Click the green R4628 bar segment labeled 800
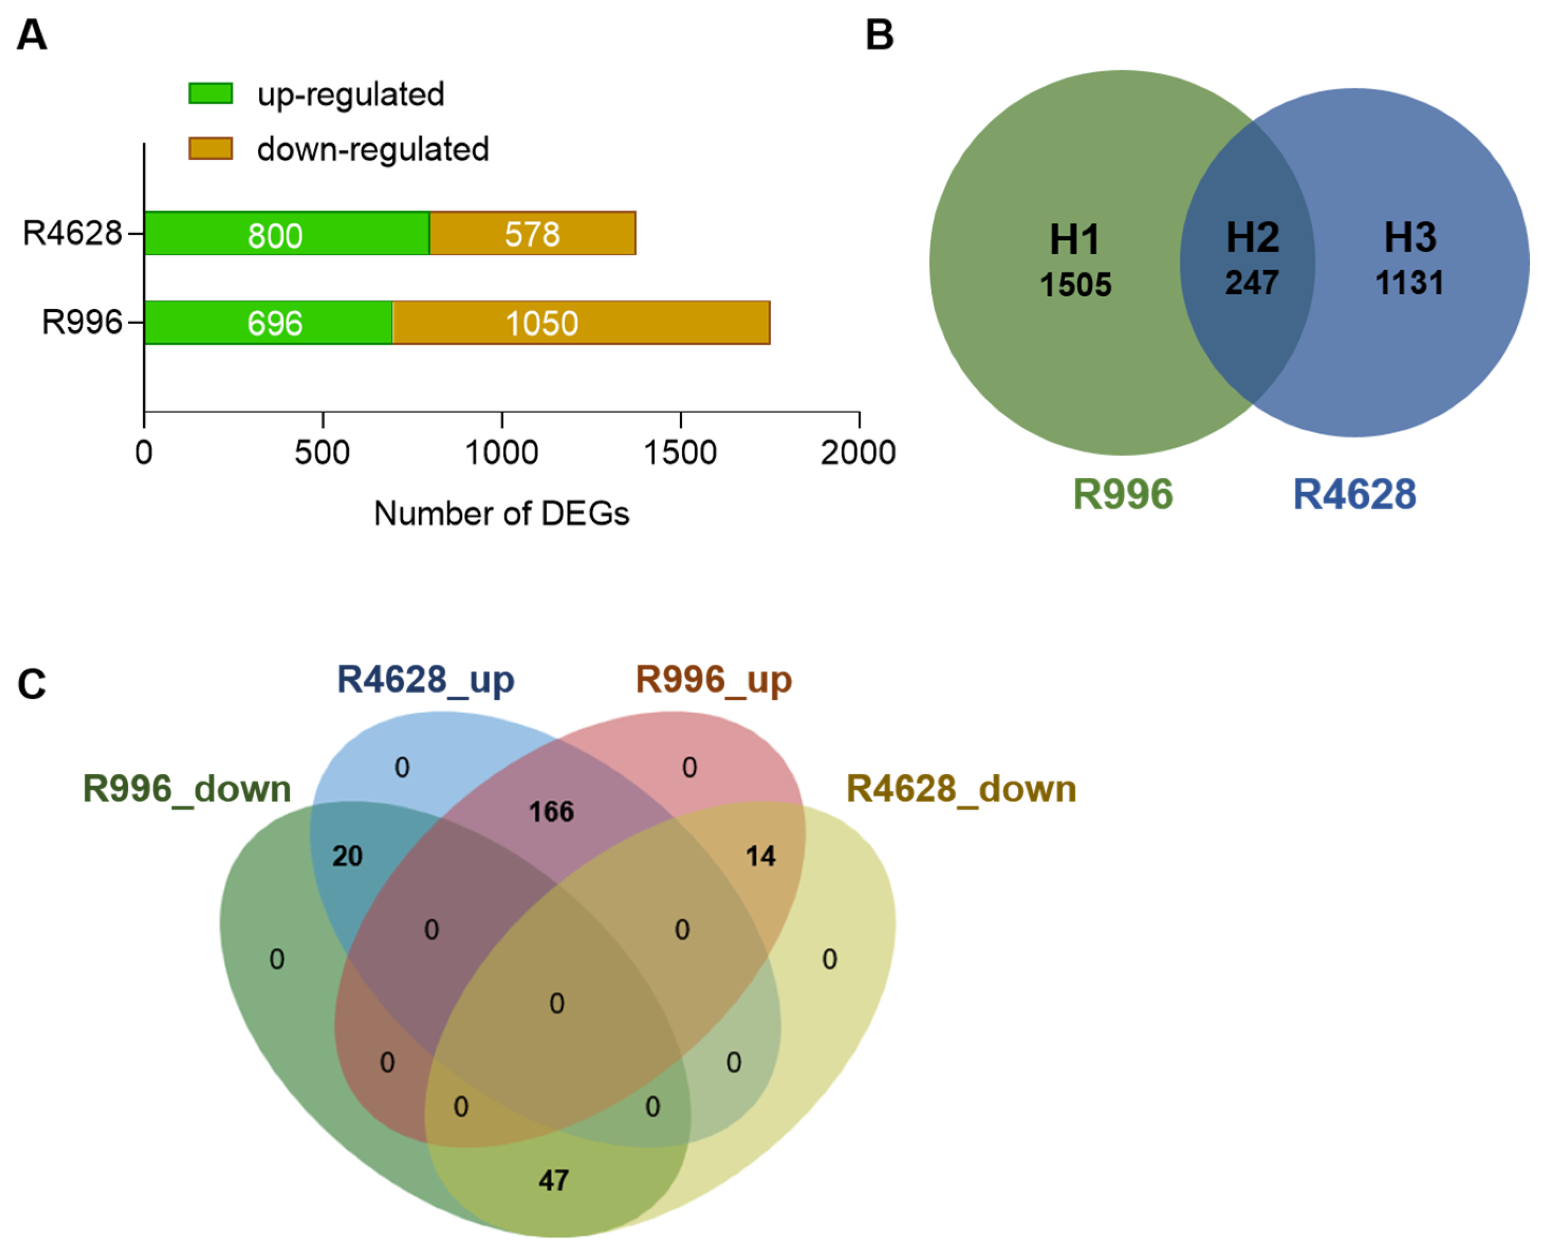pos(287,233)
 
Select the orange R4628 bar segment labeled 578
pos(532,233)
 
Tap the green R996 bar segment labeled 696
pos(268,323)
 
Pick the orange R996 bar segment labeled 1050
pos(581,323)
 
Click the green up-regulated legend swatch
pos(210,94)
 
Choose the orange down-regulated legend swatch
pos(210,149)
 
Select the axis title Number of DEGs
pos(501,513)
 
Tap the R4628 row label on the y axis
pos(72,233)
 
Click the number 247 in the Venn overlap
pos(1251,282)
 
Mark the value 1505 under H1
pos(1075,284)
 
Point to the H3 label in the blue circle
pos(1410,238)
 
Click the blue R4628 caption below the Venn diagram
pos(1354,494)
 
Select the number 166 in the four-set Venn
pos(551,812)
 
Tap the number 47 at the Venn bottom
pos(554,1180)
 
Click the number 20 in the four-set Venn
pos(347,856)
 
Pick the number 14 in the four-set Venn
pos(760,856)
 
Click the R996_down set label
pos(187,789)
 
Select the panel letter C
pos(32,684)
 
